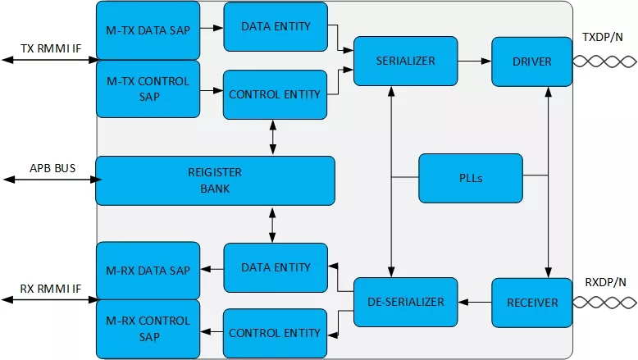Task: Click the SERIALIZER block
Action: point(406,61)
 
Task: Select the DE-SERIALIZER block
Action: point(406,302)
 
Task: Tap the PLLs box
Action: point(471,178)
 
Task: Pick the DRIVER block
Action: point(531,62)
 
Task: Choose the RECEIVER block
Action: point(531,303)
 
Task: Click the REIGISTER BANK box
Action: point(215,180)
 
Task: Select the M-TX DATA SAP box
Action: point(148,30)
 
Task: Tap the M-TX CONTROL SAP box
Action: point(148,89)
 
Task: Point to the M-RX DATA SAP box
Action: point(148,271)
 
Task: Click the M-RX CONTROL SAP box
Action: point(148,329)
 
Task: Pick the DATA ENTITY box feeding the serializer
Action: point(276,27)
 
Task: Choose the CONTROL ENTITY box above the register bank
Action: point(275,95)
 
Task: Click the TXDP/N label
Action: point(602,37)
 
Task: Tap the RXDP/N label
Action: point(605,282)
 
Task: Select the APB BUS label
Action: point(52,168)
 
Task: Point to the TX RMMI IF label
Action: point(51,48)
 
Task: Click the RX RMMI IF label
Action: point(51,289)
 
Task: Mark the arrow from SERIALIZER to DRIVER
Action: point(475,61)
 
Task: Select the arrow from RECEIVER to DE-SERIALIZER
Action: point(475,303)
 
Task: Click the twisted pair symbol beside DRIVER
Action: point(604,62)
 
